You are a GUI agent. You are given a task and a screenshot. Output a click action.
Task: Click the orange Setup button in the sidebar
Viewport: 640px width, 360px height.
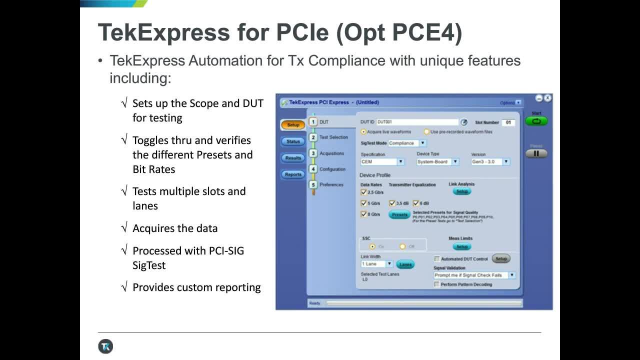(x=293, y=125)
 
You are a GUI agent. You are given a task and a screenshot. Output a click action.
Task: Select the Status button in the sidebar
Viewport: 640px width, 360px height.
(x=293, y=141)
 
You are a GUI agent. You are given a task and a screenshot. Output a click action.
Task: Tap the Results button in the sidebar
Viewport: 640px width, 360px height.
(x=293, y=158)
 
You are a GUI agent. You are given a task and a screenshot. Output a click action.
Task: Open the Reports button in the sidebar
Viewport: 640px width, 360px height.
(x=293, y=174)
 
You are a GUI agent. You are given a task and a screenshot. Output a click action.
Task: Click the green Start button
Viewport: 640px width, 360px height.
(x=536, y=121)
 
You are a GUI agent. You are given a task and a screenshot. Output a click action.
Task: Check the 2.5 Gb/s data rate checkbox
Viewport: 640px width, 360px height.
(x=364, y=191)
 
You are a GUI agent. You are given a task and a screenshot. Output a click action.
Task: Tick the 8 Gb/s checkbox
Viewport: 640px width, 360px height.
(x=364, y=214)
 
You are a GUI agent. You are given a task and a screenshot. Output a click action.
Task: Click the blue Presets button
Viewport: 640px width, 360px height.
(x=399, y=214)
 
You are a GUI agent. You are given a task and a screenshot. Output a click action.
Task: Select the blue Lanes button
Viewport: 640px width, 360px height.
(x=405, y=264)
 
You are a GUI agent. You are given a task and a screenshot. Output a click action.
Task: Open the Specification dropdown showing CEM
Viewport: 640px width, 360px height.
(x=382, y=161)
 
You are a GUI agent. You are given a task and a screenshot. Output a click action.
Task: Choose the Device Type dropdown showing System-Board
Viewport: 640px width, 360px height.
(x=438, y=161)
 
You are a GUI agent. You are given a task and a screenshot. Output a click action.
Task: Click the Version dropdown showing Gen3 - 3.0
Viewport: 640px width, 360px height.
(x=490, y=161)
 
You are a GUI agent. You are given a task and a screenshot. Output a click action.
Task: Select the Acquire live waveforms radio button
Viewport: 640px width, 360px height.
(x=363, y=132)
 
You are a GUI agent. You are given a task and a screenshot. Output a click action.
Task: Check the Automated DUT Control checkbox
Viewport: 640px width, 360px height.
(x=437, y=259)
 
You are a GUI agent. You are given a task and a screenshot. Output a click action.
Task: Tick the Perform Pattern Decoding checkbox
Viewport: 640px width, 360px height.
(x=437, y=284)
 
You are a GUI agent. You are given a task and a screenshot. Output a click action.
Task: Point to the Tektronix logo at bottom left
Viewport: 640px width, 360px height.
(x=105, y=346)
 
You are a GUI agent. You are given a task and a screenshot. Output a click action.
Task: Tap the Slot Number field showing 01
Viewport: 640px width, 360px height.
(x=508, y=122)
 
